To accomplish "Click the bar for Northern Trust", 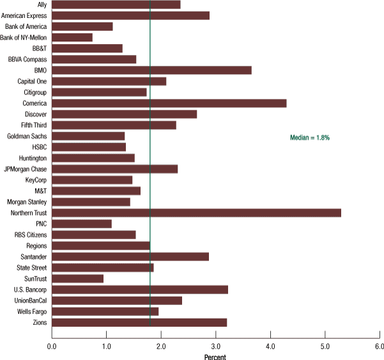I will pyautogui.click(x=196, y=213).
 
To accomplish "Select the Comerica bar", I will pyautogui.click(x=169, y=103).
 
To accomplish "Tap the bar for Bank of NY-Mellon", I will pyautogui.click(x=72, y=37).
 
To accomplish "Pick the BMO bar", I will pyautogui.click(x=151, y=70).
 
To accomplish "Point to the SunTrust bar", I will pyautogui.click(x=77, y=279).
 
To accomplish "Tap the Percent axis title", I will pyautogui.click(x=215, y=357).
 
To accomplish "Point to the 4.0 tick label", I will pyautogui.click(x=270, y=347).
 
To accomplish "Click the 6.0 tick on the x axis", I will pyautogui.click(x=380, y=347).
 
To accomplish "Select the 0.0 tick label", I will pyautogui.click(x=52, y=347).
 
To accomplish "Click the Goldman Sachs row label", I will pyautogui.click(x=27, y=136).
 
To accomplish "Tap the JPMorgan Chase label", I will pyautogui.click(x=25, y=169).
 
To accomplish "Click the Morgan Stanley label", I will pyautogui.click(x=27, y=202).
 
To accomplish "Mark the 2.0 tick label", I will pyautogui.click(x=161, y=347).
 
